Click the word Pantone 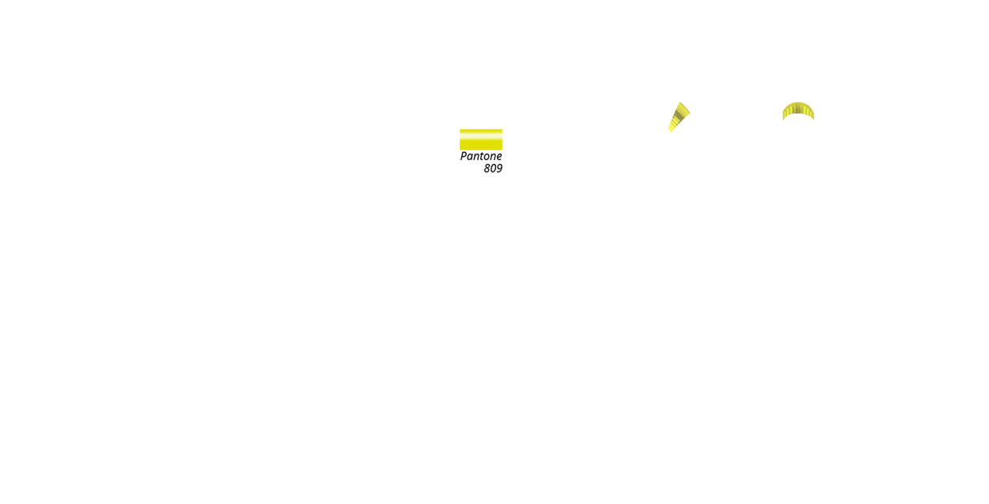pos(481,156)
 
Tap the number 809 pos(493,169)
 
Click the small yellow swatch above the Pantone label pos(480,139)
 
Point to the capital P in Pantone pos(464,156)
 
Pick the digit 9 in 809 pos(499,169)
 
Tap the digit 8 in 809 pos(487,169)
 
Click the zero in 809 pos(493,169)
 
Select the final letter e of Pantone pos(498,157)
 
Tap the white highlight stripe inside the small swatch pos(480,134)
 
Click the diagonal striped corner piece pos(679,117)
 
